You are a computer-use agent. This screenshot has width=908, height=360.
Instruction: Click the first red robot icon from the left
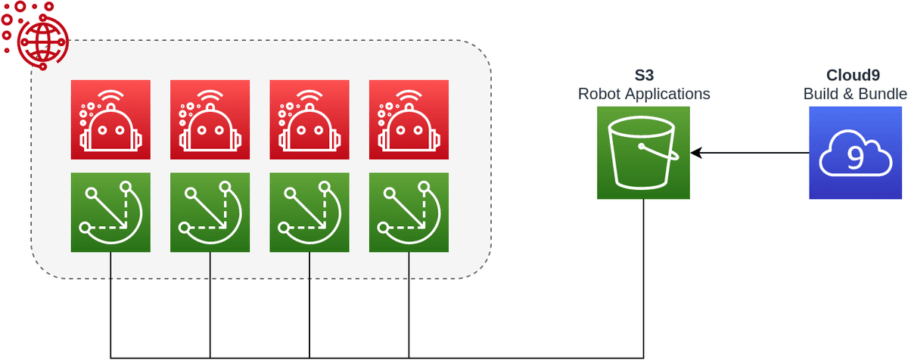click(x=110, y=119)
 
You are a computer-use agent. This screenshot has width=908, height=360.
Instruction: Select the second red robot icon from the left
click(x=210, y=119)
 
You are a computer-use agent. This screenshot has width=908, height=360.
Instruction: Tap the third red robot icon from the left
click(x=309, y=119)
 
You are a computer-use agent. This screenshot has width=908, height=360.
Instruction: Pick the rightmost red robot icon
click(x=409, y=119)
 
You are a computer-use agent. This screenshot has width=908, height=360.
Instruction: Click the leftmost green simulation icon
click(x=110, y=213)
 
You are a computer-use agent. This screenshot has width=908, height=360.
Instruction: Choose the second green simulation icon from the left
click(x=210, y=213)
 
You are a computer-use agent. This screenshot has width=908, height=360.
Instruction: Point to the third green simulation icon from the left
click(x=309, y=213)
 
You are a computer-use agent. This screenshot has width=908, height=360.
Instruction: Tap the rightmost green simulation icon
click(x=409, y=213)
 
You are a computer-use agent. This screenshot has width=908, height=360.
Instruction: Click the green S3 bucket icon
click(x=643, y=153)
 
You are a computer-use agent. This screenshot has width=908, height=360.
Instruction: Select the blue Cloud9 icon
click(x=855, y=153)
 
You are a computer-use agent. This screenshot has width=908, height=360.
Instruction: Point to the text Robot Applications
click(x=644, y=95)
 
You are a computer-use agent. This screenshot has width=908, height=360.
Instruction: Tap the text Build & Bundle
click(x=855, y=95)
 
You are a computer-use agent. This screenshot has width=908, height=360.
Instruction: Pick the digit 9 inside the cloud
click(x=855, y=156)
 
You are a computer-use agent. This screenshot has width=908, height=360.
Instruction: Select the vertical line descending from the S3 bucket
click(x=644, y=280)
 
